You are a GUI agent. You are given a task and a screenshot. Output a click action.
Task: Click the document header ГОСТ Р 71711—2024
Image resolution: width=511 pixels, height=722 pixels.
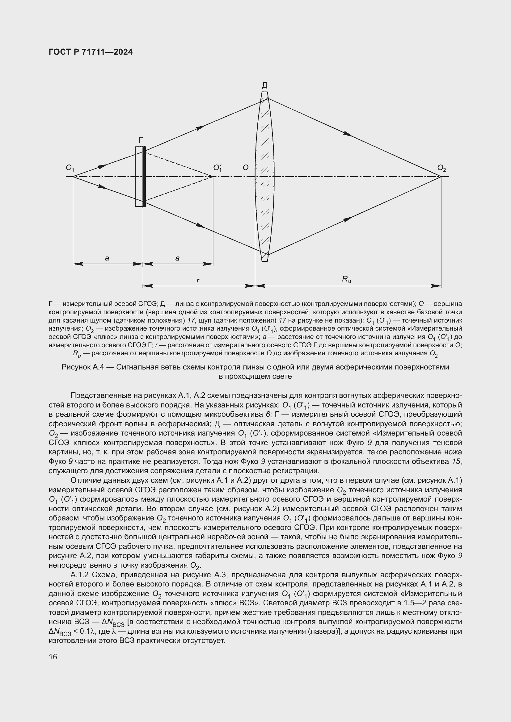[91, 52]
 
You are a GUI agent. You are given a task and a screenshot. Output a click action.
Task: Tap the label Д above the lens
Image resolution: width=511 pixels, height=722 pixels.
[265, 85]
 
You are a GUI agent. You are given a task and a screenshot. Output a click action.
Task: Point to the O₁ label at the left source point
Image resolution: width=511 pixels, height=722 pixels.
[70, 169]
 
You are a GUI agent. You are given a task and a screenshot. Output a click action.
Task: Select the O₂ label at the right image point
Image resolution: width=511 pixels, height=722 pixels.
[441, 169]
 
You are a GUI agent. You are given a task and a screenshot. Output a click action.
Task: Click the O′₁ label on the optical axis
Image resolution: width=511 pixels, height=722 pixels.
[217, 168]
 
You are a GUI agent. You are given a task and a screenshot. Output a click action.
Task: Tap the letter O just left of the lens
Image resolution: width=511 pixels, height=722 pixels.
[245, 168]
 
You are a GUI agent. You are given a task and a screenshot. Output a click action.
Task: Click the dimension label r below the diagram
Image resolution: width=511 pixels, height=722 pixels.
[198, 280]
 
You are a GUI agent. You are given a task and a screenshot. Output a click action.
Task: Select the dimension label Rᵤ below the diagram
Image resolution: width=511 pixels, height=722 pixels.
[346, 279]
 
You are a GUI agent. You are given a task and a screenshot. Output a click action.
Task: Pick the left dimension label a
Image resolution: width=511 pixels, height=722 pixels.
[107, 258]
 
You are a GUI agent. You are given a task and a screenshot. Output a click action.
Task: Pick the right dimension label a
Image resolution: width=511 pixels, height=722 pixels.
[177, 258]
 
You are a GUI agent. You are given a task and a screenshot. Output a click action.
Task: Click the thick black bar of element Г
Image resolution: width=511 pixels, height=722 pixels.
[144, 177]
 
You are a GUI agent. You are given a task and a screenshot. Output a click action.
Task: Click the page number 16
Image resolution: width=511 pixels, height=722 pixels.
[53, 657]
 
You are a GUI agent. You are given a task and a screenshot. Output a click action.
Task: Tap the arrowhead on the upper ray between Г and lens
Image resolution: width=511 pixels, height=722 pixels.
[201, 127]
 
